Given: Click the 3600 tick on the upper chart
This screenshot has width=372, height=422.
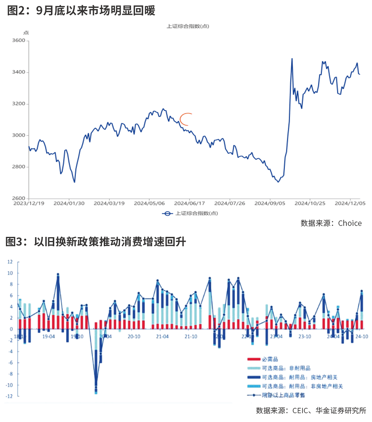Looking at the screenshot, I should [19, 41].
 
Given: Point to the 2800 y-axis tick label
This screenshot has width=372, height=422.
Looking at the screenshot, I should [19, 167].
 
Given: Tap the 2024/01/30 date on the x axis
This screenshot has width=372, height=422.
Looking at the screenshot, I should [69, 203].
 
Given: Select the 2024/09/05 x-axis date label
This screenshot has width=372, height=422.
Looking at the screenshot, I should [270, 203].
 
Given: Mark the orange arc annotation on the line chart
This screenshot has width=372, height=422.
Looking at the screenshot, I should [185, 119].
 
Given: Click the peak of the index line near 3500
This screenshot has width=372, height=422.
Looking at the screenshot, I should [292, 59].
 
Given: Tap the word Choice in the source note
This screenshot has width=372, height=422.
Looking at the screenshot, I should [350, 223].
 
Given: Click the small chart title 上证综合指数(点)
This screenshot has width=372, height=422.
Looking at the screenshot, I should [187, 26].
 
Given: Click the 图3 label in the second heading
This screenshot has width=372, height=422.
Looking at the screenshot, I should [14, 242].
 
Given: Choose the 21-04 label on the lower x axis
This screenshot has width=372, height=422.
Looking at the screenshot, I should [162, 336].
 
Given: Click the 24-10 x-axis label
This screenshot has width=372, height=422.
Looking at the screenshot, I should [361, 336].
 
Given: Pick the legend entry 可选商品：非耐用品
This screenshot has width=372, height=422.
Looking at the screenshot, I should [286, 368].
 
